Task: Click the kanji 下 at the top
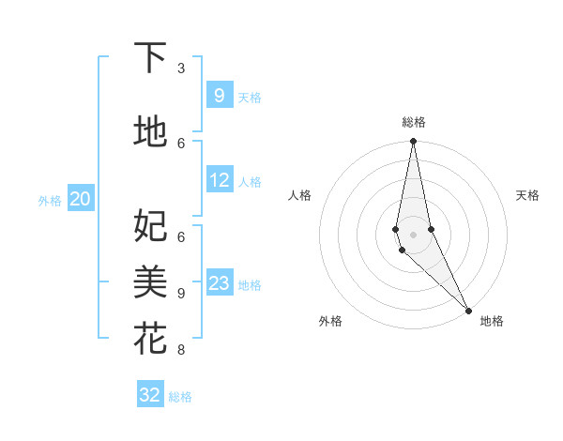(150, 58)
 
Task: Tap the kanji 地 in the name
(150, 132)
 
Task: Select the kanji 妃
(150, 225)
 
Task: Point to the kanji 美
(150, 281)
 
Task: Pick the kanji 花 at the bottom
(150, 338)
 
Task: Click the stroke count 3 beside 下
(181, 68)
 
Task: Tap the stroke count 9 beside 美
(181, 293)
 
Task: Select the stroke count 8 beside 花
(181, 350)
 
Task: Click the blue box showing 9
(219, 95)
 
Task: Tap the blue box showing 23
(219, 282)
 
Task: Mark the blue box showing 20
(81, 198)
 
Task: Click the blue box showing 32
(150, 395)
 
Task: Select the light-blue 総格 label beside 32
(180, 397)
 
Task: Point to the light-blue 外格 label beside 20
(50, 200)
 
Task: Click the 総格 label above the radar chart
(414, 122)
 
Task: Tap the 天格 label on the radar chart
(528, 195)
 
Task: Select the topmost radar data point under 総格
(413, 142)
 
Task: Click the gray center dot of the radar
(413, 235)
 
